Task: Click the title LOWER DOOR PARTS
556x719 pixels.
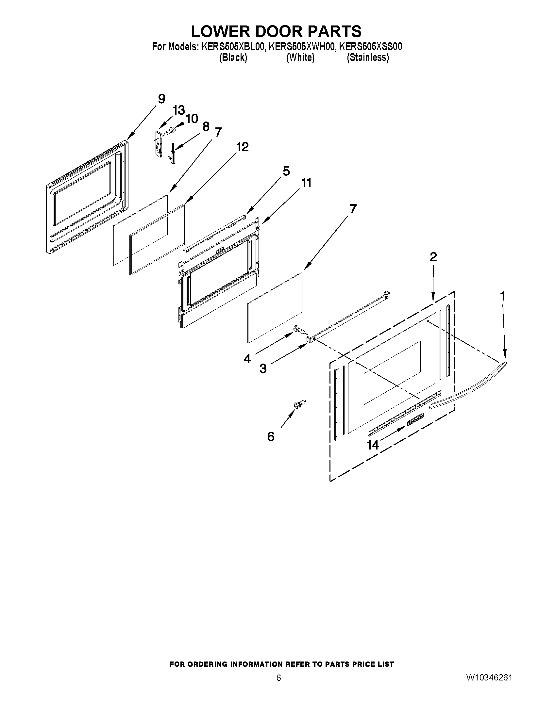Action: pyautogui.click(x=276, y=31)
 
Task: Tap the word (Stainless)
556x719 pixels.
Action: pyautogui.click(x=368, y=57)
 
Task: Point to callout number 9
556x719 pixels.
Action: pyautogui.click(x=161, y=99)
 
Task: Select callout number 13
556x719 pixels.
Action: pyautogui.click(x=178, y=110)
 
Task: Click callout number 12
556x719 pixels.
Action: pyautogui.click(x=242, y=147)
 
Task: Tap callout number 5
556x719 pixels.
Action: pyautogui.click(x=286, y=171)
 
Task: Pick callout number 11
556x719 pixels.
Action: pyautogui.click(x=306, y=183)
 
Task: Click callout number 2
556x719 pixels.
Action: pyautogui.click(x=433, y=256)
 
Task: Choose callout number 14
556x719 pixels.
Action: pyautogui.click(x=373, y=445)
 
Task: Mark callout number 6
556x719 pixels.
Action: pyautogui.click(x=270, y=437)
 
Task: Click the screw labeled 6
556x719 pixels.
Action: pyautogui.click(x=300, y=404)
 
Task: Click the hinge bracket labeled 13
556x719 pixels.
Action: pyautogui.click(x=159, y=143)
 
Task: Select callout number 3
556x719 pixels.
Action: pyautogui.click(x=263, y=368)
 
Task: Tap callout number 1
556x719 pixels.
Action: pyautogui.click(x=502, y=296)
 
